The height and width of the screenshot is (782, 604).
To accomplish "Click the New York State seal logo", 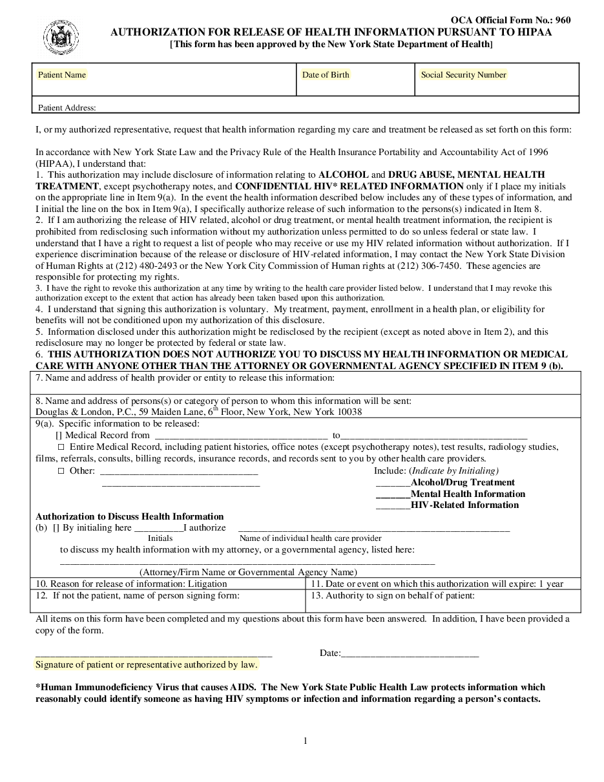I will (61, 36).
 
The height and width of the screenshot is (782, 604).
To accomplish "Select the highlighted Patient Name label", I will (62, 75).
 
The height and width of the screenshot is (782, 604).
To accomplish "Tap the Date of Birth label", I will (326, 75).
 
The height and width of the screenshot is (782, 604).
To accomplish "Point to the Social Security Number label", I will (463, 75).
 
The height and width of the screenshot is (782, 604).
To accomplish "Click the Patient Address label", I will (67, 108).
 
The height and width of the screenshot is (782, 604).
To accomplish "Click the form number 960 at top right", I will (563, 20).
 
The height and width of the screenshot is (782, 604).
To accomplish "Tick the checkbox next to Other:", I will (61, 471).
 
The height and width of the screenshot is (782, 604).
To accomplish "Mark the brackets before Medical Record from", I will (59, 436).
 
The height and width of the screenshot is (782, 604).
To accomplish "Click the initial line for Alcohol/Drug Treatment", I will (393, 483).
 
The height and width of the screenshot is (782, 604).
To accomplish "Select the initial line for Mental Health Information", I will (393, 494).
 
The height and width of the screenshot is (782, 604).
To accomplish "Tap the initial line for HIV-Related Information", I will (393, 505).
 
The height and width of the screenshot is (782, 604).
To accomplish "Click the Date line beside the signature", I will (410, 653).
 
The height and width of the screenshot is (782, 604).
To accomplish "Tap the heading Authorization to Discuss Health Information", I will (129, 516).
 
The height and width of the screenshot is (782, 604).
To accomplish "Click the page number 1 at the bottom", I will (306, 741).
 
